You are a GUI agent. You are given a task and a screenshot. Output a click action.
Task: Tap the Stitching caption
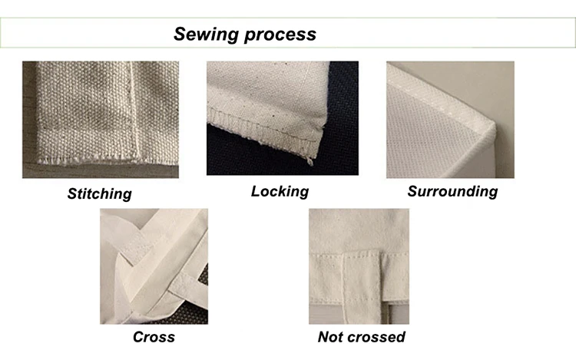point(100,193)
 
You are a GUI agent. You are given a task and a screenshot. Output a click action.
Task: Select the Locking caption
point(280,192)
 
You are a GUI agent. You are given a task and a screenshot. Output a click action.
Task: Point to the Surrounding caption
point(452,192)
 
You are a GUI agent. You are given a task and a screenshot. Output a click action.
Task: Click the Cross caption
point(154,337)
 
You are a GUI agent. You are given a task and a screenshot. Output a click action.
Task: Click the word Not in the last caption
point(330,337)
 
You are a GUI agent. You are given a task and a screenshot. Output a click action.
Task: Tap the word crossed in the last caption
point(376,337)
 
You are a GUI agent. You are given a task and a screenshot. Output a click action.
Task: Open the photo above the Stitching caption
point(101,120)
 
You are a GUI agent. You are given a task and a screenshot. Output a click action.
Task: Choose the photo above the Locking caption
point(283,118)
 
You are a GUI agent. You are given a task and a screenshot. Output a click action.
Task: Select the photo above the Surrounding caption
point(450,120)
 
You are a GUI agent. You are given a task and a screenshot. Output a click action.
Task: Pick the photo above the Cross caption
point(154,266)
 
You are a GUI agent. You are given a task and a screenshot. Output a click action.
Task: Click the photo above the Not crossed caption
point(359,266)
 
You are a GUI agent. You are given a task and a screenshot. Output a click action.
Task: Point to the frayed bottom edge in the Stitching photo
point(107,160)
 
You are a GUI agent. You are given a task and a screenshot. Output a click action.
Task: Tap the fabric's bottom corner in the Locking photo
point(310,160)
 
